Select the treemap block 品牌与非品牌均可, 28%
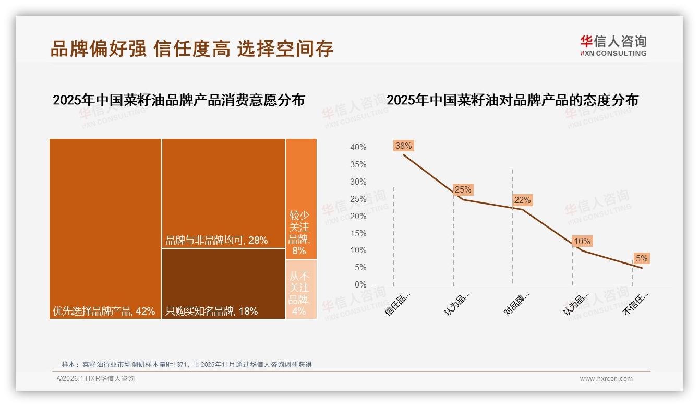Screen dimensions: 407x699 pyautogui.click(x=223, y=193)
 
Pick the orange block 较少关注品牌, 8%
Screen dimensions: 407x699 pyautogui.click(x=301, y=198)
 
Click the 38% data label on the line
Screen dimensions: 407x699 pyautogui.click(x=403, y=146)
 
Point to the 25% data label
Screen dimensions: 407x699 pyautogui.click(x=463, y=189)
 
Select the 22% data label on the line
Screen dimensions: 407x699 pyautogui.click(x=522, y=200)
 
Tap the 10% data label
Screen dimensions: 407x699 pyautogui.click(x=582, y=241)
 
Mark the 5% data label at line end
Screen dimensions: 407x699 pyautogui.click(x=641, y=258)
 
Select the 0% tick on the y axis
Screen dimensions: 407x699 pyautogui.click(x=360, y=285)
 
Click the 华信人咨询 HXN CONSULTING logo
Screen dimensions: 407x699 pyautogui.click(x=613, y=45)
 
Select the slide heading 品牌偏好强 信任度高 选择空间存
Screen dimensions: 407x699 pyautogui.click(x=191, y=49)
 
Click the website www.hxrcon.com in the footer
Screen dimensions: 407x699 pyautogui.click(x=606, y=379)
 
